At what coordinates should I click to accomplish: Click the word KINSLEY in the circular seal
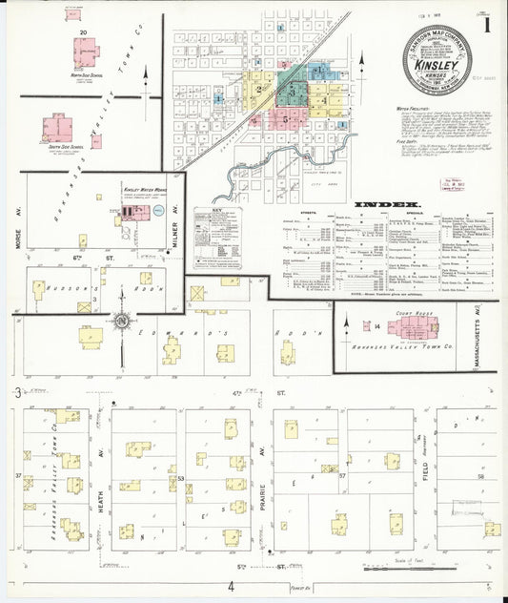click(x=438, y=63)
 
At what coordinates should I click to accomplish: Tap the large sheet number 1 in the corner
click(x=487, y=26)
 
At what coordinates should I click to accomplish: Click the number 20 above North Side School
click(x=84, y=32)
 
